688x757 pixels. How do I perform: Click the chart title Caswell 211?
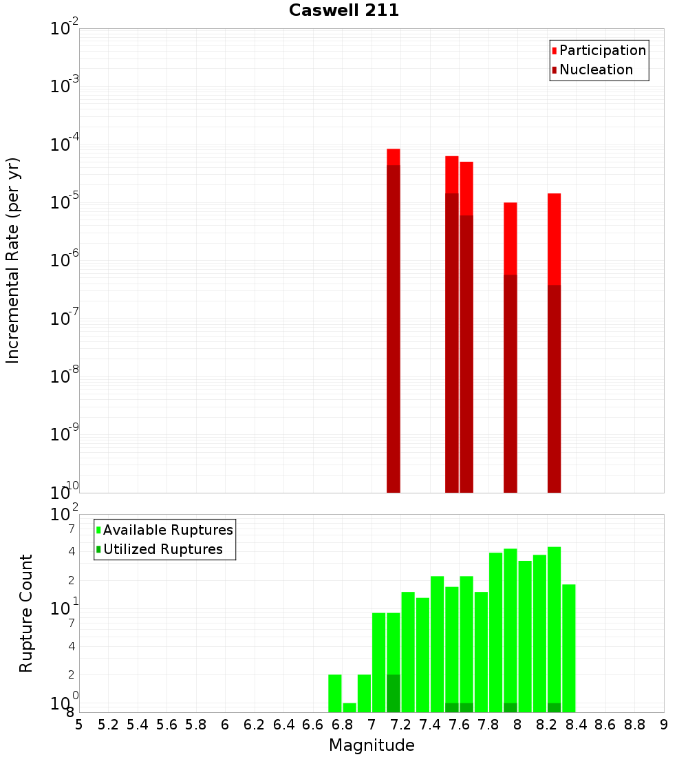(344, 10)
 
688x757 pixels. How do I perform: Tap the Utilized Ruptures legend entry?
(162, 549)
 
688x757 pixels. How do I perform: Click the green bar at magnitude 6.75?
(335, 693)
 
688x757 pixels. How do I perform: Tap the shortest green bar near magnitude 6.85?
(350, 707)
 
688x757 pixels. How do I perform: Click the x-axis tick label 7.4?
(430, 725)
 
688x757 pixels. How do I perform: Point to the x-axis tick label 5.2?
(108, 725)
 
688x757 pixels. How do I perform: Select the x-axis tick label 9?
(664, 725)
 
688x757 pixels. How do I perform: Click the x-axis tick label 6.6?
(313, 725)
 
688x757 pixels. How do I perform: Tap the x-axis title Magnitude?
(372, 745)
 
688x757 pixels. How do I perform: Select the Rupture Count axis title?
(26, 613)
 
